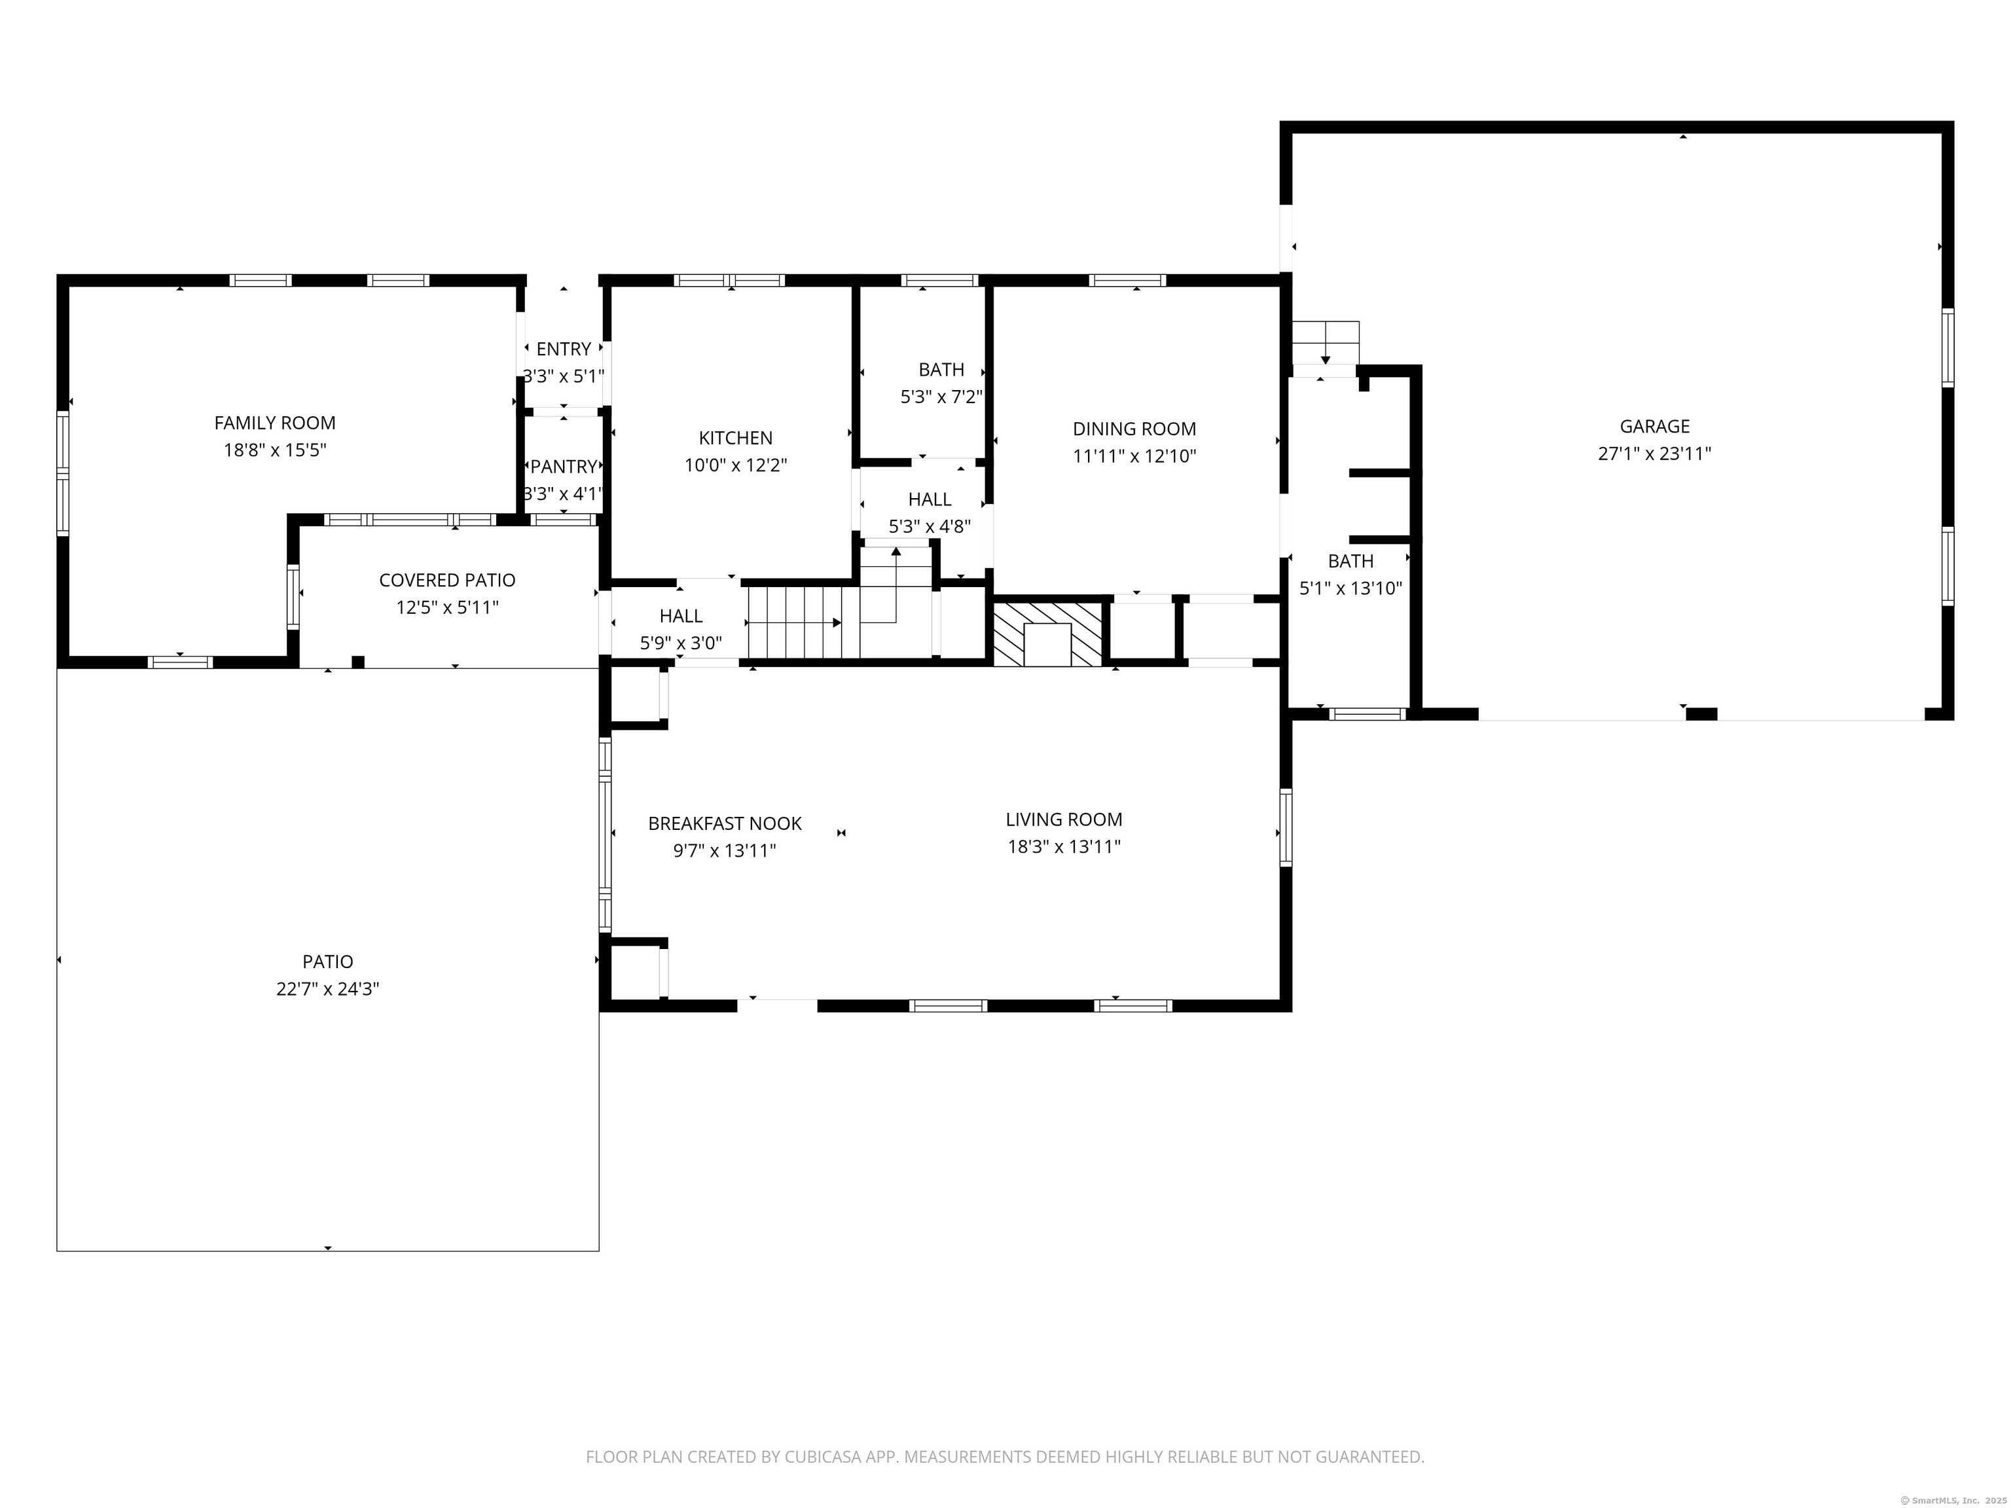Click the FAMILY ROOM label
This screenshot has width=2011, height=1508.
click(274, 423)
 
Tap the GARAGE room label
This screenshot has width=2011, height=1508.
click(1655, 426)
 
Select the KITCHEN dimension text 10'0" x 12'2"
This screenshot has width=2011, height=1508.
click(736, 465)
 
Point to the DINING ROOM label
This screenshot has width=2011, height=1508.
click(1134, 429)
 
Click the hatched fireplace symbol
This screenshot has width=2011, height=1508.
click(1047, 634)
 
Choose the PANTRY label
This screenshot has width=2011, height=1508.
click(564, 466)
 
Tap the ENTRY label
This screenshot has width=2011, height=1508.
click(564, 349)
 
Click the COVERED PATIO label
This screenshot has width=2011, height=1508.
click(447, 580)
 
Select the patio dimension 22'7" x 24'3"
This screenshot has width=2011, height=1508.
click(327, 989)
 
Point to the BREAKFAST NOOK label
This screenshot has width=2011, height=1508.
click(725, 823)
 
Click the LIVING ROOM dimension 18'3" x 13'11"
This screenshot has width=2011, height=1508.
click(1064, 847)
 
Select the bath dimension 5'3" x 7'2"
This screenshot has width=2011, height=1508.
click(941, 397)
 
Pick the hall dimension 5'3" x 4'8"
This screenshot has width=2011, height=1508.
click(929, 526)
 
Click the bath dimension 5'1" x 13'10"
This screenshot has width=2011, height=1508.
click(1350, 588)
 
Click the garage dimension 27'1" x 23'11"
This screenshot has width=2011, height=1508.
click(1655, 454)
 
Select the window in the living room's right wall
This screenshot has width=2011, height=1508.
click(1286, 827)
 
